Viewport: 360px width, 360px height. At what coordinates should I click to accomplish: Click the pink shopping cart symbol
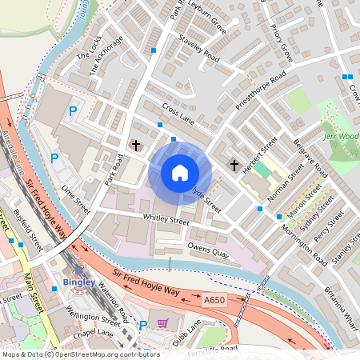point(163,324)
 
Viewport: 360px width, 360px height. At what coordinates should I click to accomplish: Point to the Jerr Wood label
point(343,137)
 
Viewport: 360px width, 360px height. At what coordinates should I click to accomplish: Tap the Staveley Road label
point(199,48)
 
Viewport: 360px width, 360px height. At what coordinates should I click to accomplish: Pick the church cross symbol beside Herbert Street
point(234,164)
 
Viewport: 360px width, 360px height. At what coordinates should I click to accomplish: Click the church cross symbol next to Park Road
point(136,145)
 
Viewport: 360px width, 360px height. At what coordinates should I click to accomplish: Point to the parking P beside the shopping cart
point(143,325)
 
